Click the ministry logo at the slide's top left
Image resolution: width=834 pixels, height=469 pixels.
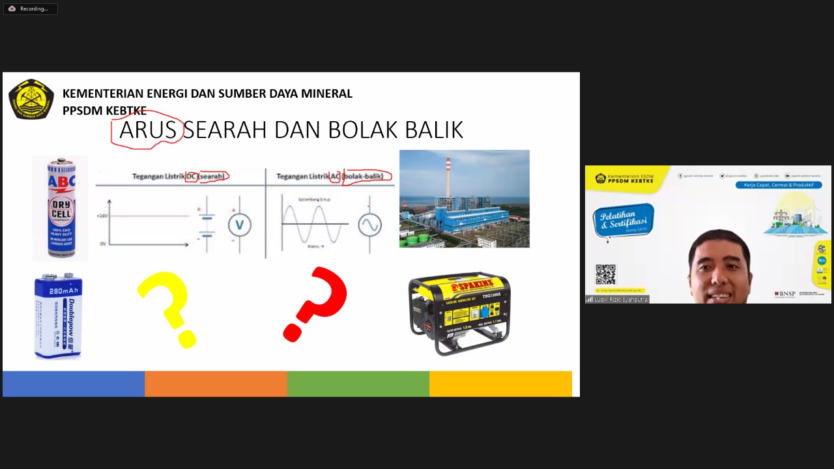(x=31, y=99)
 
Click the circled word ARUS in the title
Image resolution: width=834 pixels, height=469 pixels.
(x=147, y=130)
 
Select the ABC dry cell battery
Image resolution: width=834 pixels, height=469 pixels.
(x=60, y=208)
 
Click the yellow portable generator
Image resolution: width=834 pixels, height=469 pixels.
(x=459, y=313)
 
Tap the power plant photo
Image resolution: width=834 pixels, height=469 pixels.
(x=464, y=199)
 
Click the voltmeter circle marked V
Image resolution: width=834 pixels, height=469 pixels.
(x=239, y=225)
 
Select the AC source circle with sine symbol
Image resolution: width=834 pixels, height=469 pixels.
(x=369, y=225)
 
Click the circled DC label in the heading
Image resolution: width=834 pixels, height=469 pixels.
(x=192, y=177)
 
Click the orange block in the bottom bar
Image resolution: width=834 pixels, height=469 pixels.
(x=216, y=384)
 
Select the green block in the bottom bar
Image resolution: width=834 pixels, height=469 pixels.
(x=358, y=384)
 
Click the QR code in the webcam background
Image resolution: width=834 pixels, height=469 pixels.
(x=605, y=274)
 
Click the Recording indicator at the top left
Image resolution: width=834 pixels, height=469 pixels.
(x=30, y=8)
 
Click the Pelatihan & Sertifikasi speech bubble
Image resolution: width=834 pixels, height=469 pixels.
(x=623, y=220)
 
